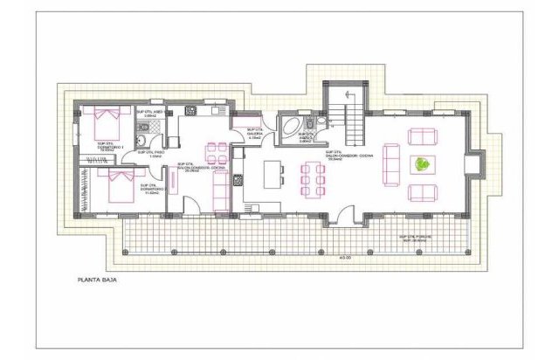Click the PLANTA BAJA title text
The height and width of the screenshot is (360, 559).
(x=95, y=280)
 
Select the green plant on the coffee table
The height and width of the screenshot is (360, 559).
(x=423, y=163)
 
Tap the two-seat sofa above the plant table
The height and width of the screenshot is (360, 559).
(x=423, y=136)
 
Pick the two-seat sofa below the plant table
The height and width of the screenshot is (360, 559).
(x=423, y=191)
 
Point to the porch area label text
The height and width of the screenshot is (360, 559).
(x=421, y=239)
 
